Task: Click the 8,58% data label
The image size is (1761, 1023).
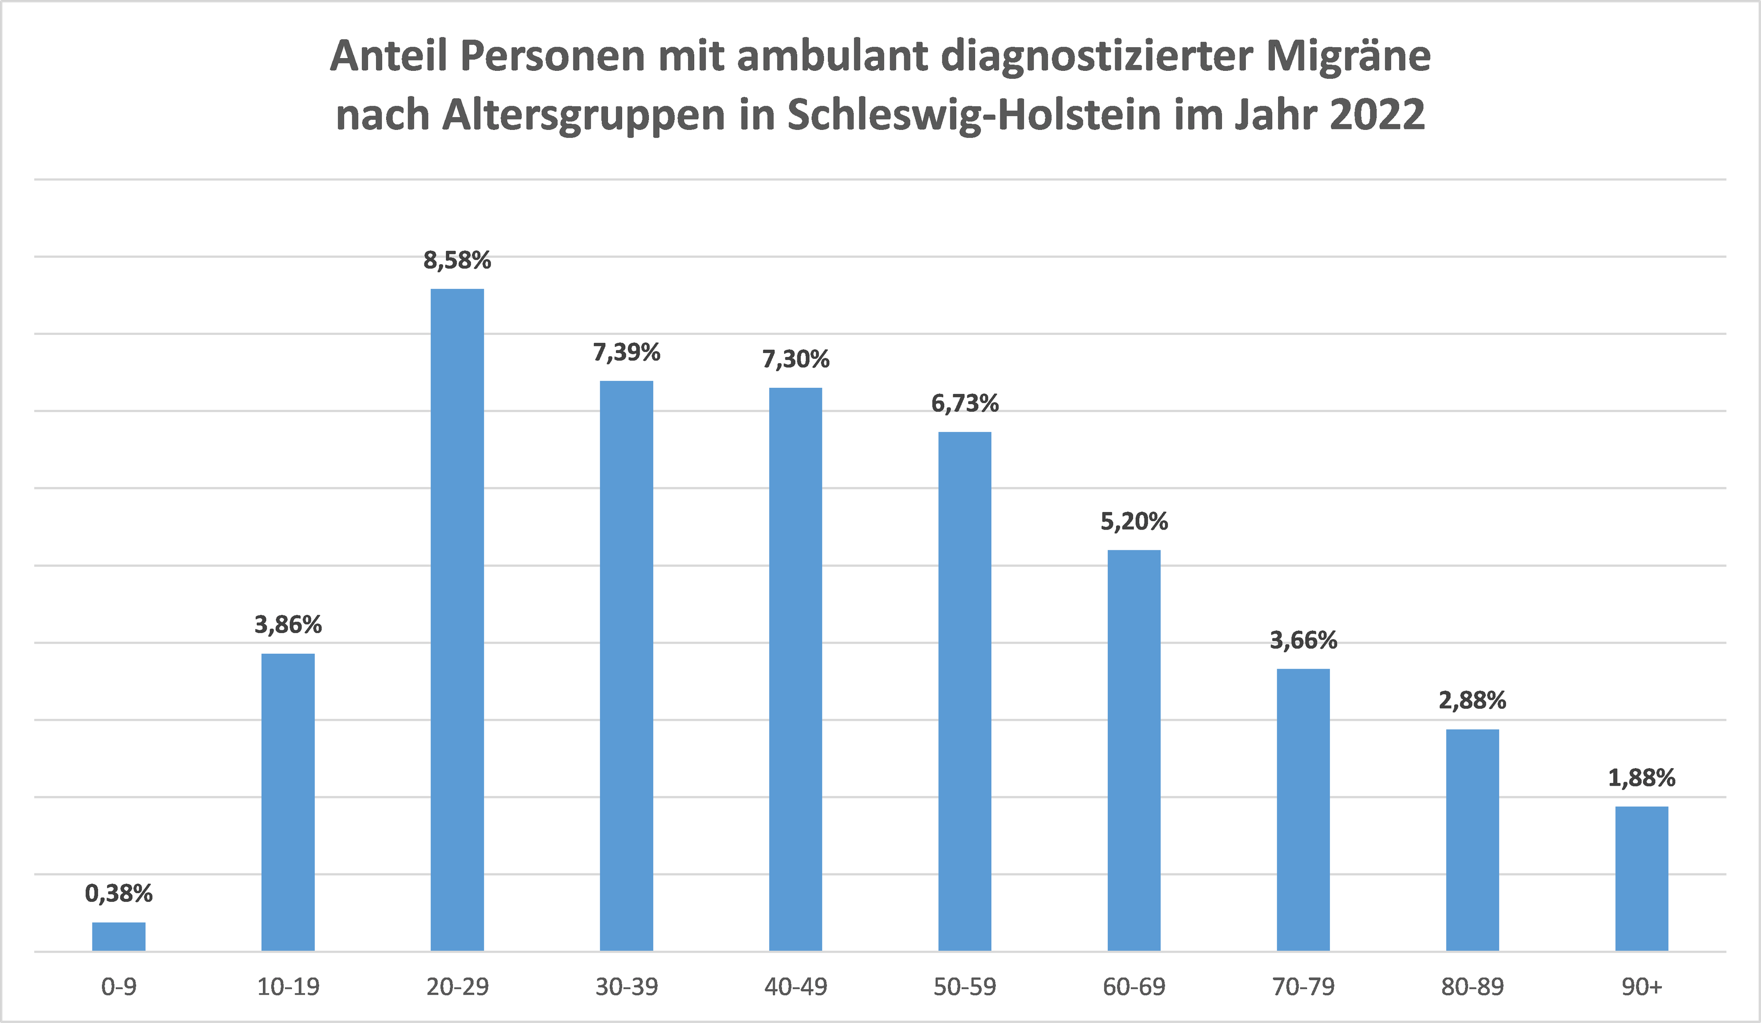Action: coord(457,261)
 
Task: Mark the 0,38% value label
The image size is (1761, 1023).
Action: coord(119,893)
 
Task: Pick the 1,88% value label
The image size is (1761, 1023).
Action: coord(1642,778)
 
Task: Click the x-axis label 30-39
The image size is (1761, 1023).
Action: coord(626,986)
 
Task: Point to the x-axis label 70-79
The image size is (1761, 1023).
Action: coord(1303,986)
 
